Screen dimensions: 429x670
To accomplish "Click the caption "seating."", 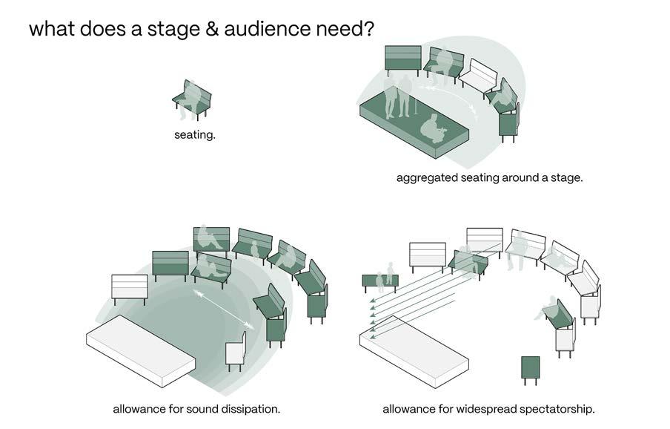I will point(195,135).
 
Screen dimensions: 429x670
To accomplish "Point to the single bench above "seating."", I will point(192,99).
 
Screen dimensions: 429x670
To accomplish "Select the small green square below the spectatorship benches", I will point(530,369).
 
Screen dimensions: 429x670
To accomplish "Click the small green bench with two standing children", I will point(380,281).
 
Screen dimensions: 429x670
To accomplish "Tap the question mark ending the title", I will point(368,30).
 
